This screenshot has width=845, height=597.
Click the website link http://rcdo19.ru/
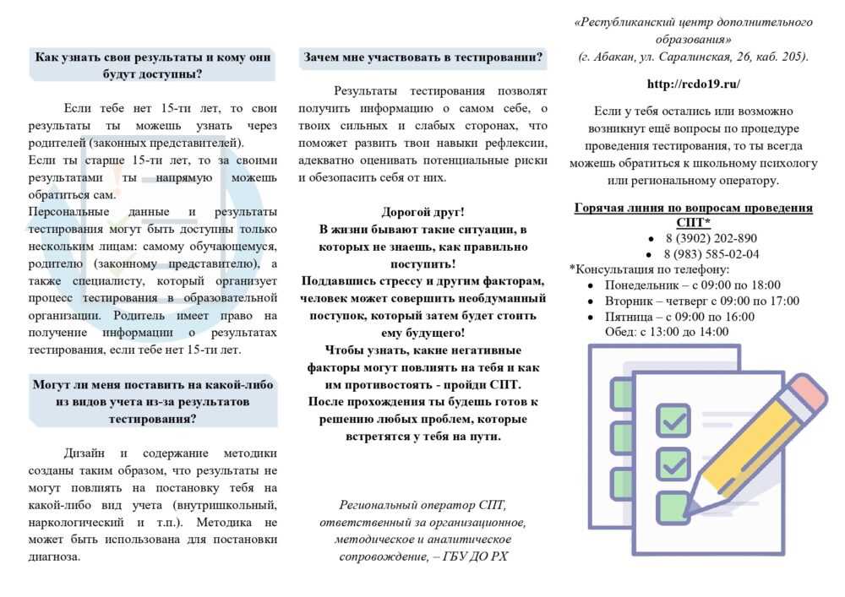[693, 84]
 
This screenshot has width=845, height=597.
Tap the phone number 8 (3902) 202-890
[710, 238]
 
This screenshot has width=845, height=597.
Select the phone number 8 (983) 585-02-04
[711, 253]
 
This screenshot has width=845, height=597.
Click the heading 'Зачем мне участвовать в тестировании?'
[422, 57]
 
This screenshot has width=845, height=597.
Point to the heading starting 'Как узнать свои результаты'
[153, 65]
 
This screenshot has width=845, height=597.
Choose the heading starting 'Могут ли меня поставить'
[153, 401]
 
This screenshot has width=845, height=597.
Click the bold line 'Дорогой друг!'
[422, 212]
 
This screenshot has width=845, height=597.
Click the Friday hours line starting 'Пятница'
[679, 317]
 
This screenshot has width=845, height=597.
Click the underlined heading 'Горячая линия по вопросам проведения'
[693, 208]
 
